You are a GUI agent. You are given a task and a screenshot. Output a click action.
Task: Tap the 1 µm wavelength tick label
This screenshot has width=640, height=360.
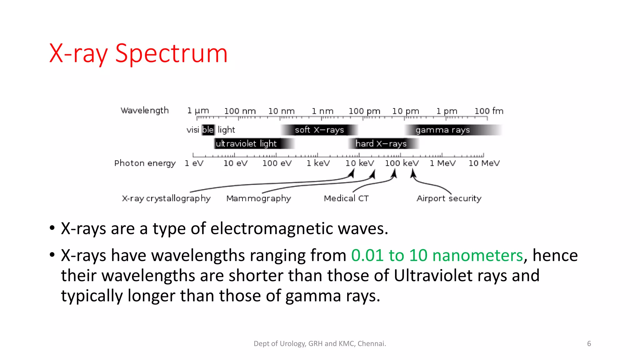tap(198, 111)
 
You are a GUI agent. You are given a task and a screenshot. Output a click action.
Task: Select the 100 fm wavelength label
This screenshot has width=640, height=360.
tap(489, 111)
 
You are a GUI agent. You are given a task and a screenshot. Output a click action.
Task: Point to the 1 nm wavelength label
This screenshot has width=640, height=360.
tap(322, 111)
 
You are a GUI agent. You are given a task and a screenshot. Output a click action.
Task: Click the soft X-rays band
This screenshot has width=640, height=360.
tap(319, 130)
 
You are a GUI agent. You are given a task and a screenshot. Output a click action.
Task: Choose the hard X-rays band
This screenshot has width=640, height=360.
tap(381, 143)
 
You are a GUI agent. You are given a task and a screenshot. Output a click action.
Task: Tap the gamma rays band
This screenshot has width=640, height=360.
tap(442, 130)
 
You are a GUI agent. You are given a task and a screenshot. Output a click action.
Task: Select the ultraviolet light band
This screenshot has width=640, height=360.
tap(246, 143)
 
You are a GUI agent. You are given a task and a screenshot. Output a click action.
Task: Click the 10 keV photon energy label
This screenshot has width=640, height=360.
tap(359, 163)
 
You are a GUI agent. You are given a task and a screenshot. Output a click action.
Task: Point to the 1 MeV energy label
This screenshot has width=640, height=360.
tap(442, 163)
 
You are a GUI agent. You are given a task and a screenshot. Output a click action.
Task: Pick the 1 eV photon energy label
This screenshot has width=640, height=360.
tap(194, 163)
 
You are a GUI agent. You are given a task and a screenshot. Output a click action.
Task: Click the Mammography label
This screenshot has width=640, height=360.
tap(258, 198)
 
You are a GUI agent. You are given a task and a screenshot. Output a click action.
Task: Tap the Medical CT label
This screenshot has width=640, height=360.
tap(346, 198)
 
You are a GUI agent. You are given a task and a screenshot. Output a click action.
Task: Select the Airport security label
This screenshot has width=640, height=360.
tap(449, 198)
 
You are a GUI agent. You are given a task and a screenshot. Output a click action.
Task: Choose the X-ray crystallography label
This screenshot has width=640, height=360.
tap(166, 198)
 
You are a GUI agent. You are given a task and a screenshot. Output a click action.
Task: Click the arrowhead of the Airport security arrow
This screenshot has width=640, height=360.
tap(413, 172)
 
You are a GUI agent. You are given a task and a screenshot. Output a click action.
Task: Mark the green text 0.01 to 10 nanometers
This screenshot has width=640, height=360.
tap(437, 255)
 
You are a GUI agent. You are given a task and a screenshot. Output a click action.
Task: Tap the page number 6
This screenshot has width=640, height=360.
tap(589, 344)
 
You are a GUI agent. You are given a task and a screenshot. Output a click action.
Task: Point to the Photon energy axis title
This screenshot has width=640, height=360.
tap(145, 163)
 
